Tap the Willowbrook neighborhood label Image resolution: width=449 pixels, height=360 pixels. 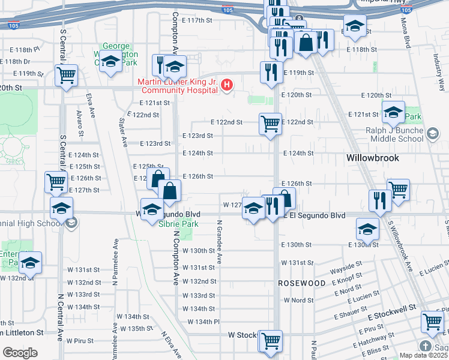[x=373, y=158]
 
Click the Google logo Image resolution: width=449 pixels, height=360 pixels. [x=20, y=353]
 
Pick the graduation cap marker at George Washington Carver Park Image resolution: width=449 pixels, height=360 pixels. [x=111, y=62]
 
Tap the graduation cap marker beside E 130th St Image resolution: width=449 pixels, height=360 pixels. [x=367, y=229]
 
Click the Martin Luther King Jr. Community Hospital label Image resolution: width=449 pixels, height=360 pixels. [x=177, y=86]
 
